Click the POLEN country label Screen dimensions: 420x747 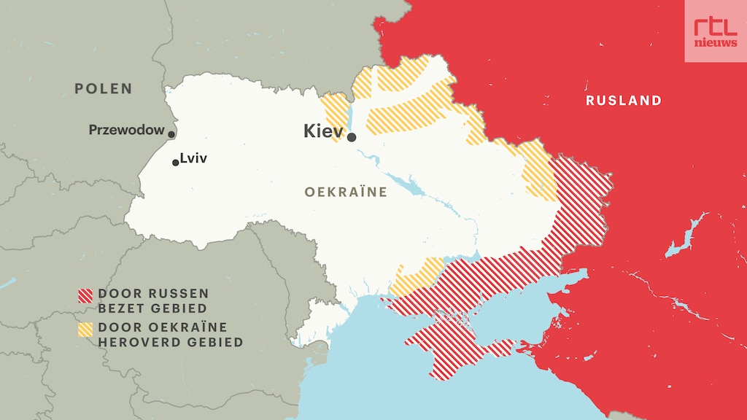103,89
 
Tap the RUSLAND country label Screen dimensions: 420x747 624,101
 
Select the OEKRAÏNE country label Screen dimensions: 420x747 345,191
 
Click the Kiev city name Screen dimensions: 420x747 323,131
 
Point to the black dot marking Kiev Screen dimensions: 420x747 352,137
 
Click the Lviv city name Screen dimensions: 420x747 193,157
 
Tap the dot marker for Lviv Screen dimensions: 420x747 175,163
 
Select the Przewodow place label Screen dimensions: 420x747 126,130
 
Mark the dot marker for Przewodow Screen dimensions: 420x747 171,134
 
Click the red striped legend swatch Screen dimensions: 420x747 85,295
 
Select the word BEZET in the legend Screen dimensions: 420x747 120,308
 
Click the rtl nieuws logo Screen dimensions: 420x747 715,31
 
